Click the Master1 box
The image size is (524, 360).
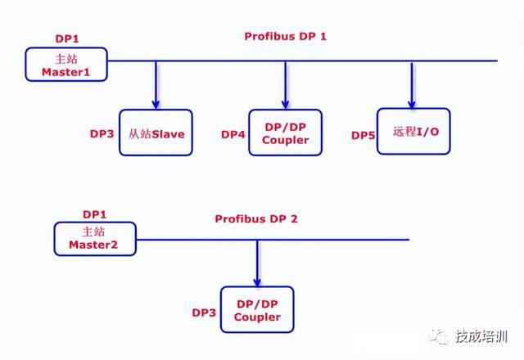point(66,64)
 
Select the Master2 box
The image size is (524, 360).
point(95,238)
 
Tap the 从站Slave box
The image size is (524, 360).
point(156,133)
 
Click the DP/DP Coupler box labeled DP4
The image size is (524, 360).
point(286,133)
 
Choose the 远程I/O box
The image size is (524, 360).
point(413,131)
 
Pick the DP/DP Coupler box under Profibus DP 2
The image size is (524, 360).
point(257,309)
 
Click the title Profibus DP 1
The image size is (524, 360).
point(285,37)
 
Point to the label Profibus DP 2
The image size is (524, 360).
point(256,218)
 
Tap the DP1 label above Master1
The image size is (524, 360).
point(66,38)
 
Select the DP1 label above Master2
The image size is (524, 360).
point(95,214)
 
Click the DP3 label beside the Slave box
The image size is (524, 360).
point(103,133)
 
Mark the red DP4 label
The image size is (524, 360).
point(233,134)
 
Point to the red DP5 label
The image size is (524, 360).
point(363,134)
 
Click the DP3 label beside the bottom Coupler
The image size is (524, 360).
point(205,313)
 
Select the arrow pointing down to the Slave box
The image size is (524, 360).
point(156,83)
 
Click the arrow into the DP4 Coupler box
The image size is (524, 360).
point(286,83)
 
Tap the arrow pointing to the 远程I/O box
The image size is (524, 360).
point(412,83)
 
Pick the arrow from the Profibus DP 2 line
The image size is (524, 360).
point(257,262)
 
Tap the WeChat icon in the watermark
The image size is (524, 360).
point(442,335)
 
